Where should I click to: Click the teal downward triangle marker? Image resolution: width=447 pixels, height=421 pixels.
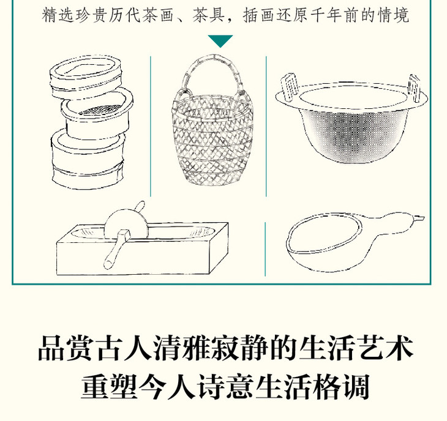click(x=220, y=41)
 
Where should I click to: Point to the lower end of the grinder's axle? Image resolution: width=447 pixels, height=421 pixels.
click(x=108, y=264)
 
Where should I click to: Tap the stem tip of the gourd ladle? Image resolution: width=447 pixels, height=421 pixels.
click(x=421, y=218)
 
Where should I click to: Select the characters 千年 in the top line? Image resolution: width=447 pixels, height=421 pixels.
click(x=327, y=15)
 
